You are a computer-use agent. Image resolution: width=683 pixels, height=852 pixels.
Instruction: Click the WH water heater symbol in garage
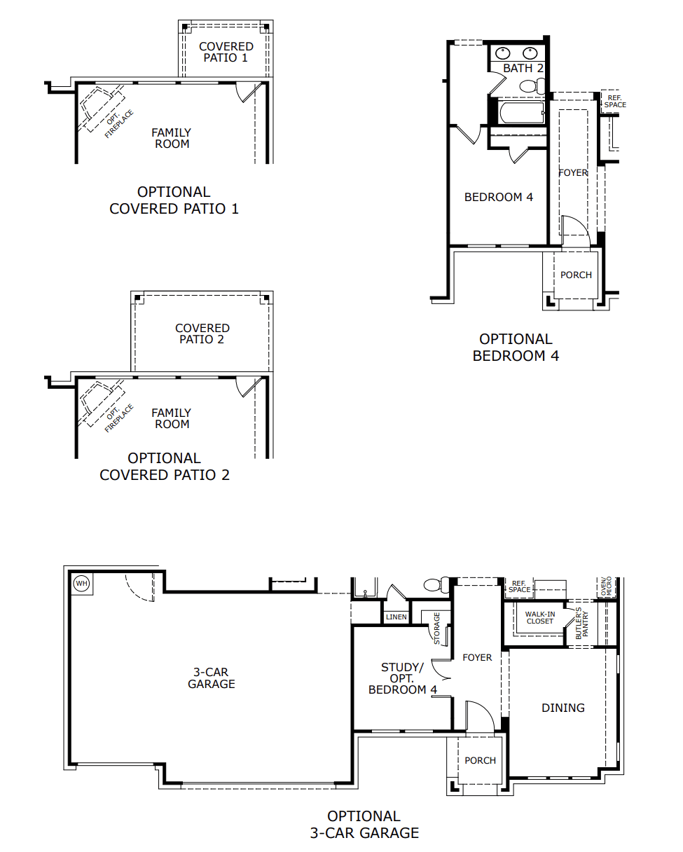pyautogui.click(x=81, y=583)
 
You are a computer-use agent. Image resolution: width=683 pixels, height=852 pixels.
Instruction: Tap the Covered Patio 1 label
pyautogui.click(x=226, y=52)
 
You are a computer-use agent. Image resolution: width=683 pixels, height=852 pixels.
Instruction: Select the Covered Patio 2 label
pyautogui.click(x=202, y=334)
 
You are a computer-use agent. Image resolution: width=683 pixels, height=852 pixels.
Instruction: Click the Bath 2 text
pyautogui.click(x=523, y=68)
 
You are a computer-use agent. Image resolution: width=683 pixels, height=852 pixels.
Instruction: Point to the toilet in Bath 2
pyautogui.click(x=532, y=86)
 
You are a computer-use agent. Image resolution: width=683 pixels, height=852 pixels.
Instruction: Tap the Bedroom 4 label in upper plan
pyautogui.click(x=499, y=197)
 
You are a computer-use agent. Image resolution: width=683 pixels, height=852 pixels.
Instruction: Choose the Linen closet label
pyautogui.click(x=396, y=617)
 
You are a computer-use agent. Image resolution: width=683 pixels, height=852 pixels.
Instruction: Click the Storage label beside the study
pyautogui.click(x=436, y=628)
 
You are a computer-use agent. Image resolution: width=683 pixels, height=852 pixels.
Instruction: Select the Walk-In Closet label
pyautogui.click(x=540, y=617)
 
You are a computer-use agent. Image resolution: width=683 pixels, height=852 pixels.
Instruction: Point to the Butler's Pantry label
pyautogui.click(x=581, y=623)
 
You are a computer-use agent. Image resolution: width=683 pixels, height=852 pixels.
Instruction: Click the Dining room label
pyautogui.click(x=563, y=708)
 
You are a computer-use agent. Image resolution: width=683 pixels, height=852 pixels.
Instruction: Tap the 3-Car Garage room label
pyautogui.click(x=211, y=678)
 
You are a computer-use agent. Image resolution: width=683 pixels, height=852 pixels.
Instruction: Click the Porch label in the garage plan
pyautogui.click(x=481, y=760)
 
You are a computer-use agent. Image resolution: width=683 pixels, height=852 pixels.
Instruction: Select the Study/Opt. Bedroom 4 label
pyautogui.click(x=403, y=679)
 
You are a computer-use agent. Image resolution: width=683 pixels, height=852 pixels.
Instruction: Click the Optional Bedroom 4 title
pyautogui.click(x=516, y=348)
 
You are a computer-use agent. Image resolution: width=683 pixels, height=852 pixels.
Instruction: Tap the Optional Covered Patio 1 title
pyautogui.click(x=174, y=200)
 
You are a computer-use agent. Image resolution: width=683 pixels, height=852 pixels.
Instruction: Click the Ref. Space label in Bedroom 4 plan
pyautogui.click(x=615, y=101)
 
